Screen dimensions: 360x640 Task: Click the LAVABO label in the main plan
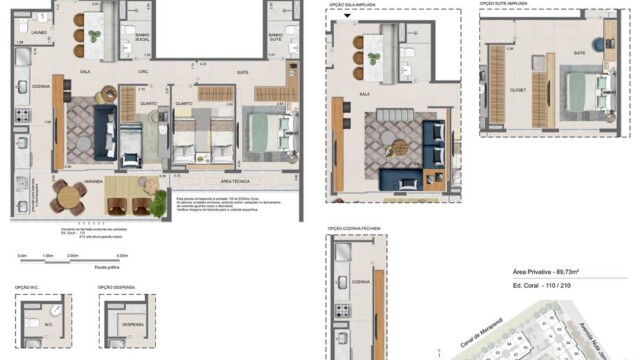[40, 32]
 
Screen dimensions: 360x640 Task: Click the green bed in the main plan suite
[267, 128]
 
